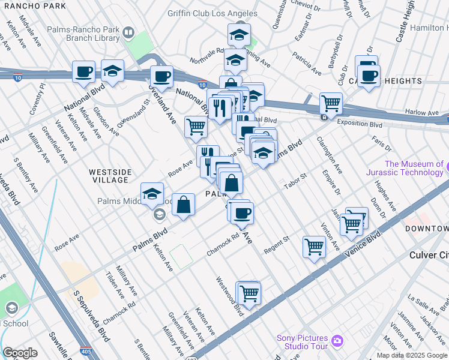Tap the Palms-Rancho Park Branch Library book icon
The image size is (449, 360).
pos(128,32)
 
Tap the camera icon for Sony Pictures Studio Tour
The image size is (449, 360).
pos(337,341)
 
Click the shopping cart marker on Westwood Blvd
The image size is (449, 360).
pos(249,294)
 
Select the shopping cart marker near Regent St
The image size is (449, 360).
pos(315,246)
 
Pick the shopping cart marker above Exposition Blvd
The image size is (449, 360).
pos(331,103)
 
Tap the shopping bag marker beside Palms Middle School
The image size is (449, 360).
pos(184,205)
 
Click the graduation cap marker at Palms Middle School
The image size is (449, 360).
pos(152,194)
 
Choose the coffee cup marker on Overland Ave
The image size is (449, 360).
pos(161,77)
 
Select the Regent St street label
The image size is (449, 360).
pos(279,239)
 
